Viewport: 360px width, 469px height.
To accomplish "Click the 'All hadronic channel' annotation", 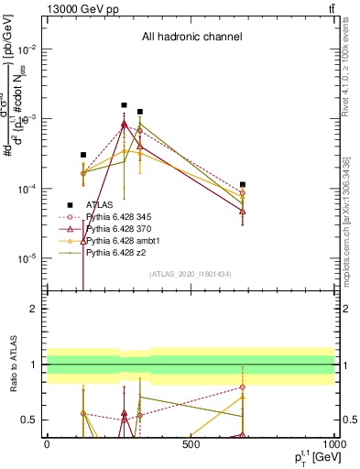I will (191, 38).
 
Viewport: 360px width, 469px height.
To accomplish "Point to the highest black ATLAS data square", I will (125, 105).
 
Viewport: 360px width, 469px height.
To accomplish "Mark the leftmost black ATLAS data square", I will (83, 155).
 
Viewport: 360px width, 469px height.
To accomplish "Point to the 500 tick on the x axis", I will (191, 444).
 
